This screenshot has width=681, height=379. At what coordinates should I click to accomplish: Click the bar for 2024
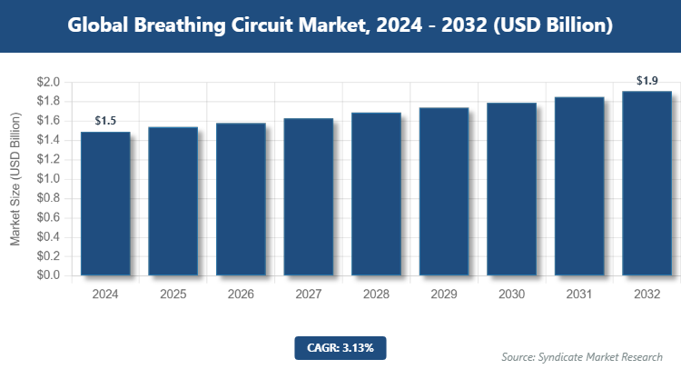(x=104, y=204)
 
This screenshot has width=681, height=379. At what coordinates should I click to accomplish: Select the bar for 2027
(x=308, y=196)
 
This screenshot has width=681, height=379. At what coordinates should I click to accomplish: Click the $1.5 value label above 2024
(x=106, y=121)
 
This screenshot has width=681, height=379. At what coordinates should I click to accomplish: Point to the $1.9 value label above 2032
(x=646, y=81)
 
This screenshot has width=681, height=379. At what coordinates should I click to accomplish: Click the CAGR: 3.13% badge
(x=340, y=347)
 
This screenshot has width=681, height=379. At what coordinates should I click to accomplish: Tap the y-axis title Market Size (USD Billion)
(x=15, y=179)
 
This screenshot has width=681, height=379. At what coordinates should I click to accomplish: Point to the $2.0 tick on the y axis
(x=48, y=83)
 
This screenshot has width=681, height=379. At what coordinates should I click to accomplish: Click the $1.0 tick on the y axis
(x=48, y=179)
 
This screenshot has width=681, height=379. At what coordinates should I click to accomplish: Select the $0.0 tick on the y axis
(x=48, y=275)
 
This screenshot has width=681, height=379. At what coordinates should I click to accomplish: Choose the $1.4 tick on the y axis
(x=48, y=140)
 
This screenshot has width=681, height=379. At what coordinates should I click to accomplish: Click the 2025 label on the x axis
(x=173, y=294)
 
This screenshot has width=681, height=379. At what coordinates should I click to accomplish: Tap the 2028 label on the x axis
(x=376, y=294)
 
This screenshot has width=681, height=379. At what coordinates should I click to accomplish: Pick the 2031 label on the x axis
(x=578, y=294)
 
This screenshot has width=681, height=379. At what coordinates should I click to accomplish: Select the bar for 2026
(x=240, y=199)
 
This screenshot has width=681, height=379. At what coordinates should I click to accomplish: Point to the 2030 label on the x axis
(x=511, y=294)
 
